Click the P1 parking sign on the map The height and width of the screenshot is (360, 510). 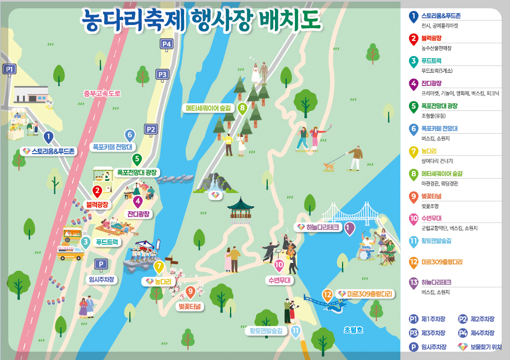pos(9,69)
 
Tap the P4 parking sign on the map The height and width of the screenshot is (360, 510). pos(166,44)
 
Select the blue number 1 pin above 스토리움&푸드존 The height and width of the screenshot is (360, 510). pos(48,136)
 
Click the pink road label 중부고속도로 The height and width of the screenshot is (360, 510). pos(102,93)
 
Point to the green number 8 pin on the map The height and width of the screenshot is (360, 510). pos(242,108)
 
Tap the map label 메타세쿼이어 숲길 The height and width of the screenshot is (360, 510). pos(208,108)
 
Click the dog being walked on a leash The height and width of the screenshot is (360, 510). pos(330,165)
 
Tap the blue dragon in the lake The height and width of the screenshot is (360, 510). pos(335,305)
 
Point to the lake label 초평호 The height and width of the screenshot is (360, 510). pos(353,329)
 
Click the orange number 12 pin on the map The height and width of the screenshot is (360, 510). pos(328,295)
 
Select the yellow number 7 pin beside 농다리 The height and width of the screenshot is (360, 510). pos(159,267)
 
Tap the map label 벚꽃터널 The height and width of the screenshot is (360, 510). pos(190,306)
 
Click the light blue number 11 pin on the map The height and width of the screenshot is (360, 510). pos(295,332)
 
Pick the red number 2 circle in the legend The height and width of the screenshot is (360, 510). pos(413,38)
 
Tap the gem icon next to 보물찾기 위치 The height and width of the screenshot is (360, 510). pos(462,347)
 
